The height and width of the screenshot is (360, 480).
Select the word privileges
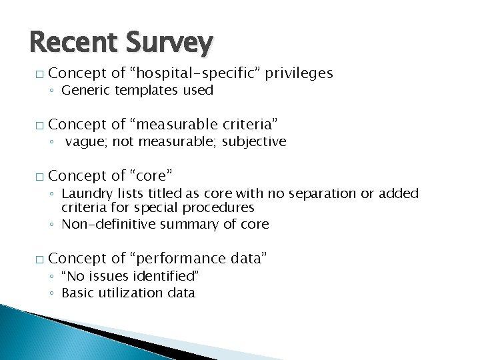click(x=299, y=73)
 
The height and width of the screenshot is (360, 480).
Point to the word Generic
click(x=86, y=90)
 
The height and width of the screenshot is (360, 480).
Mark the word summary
click(x=182, y=225)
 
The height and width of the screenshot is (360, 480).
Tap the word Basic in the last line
click(x=77, y=293)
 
